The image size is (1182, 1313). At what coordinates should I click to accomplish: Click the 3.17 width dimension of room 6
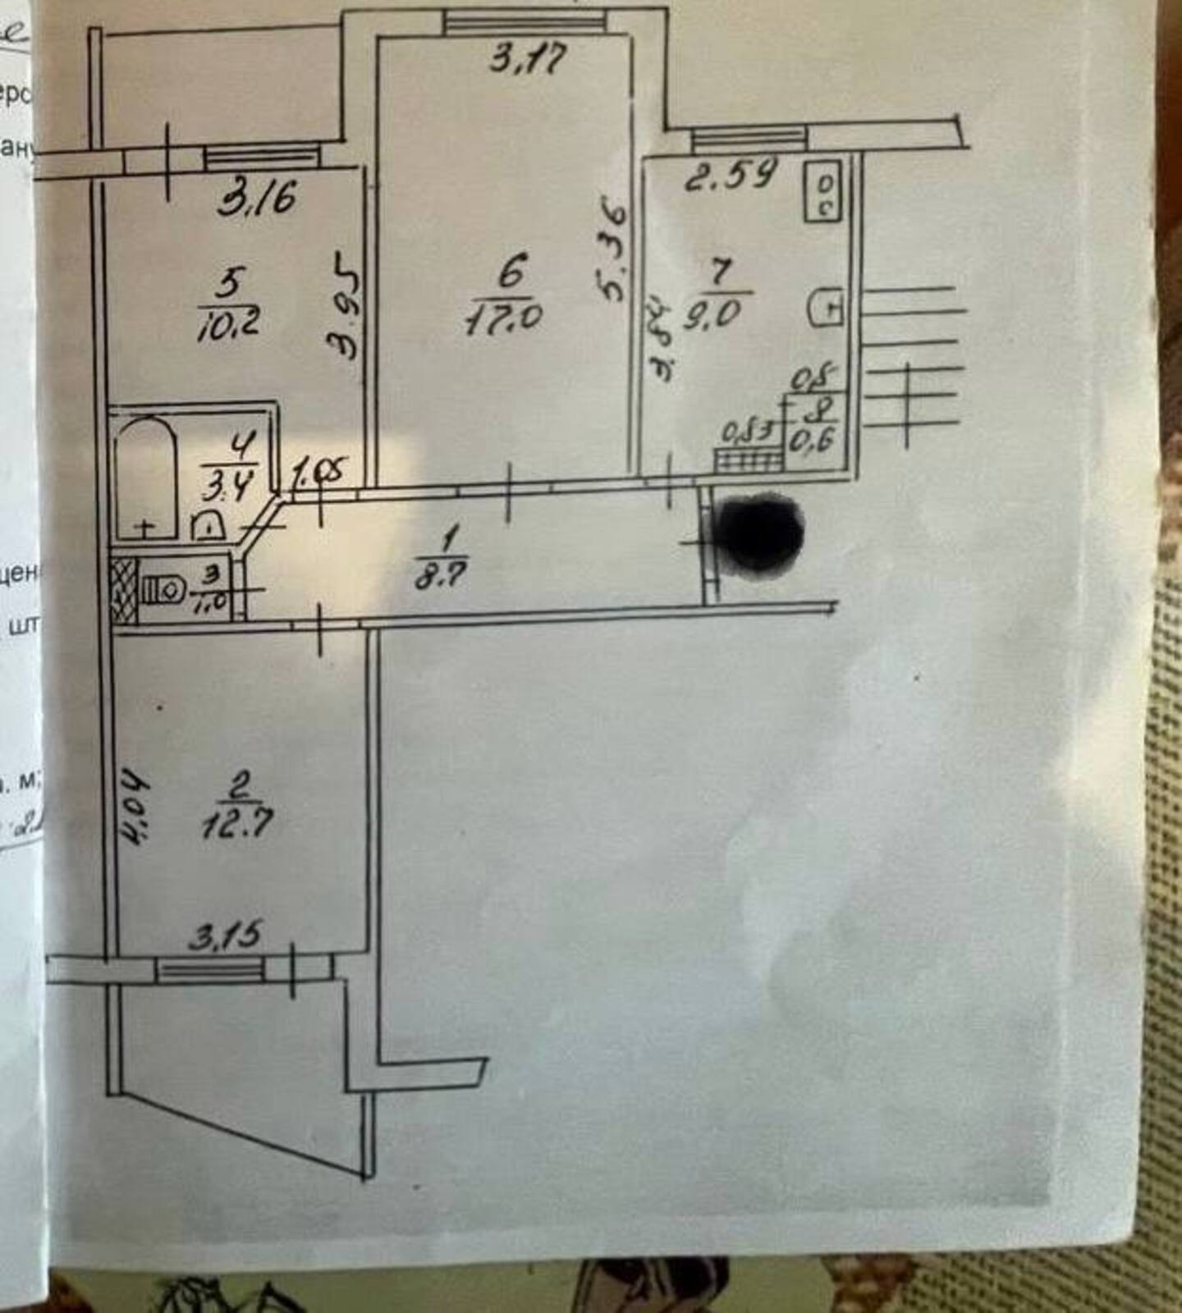pyautogui.click(x=527, y=59)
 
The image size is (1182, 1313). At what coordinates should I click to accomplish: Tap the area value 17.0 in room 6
pyautogui.click(x=502, y=318)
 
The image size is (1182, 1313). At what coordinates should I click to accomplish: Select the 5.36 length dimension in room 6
pyautogui.click(x=612, y=251)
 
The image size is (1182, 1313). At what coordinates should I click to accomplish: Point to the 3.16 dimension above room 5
pyautogui.click(x=257, y=198)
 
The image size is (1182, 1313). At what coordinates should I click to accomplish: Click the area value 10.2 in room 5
pyautogui.click(x=228, y=321)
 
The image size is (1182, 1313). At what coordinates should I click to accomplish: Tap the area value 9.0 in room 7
pyautogui.click(x=716, y=313)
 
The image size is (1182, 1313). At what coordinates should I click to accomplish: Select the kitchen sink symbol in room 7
pyautogui.click(x=825, y=308)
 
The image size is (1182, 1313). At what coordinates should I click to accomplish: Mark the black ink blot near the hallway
pyautogui.click(x=758, y=532)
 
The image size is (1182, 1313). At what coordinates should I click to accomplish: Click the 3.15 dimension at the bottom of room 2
pyautogui.click(x=225, y=936)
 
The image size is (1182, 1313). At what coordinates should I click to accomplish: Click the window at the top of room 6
pyautogui.click(x=525, y=22)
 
